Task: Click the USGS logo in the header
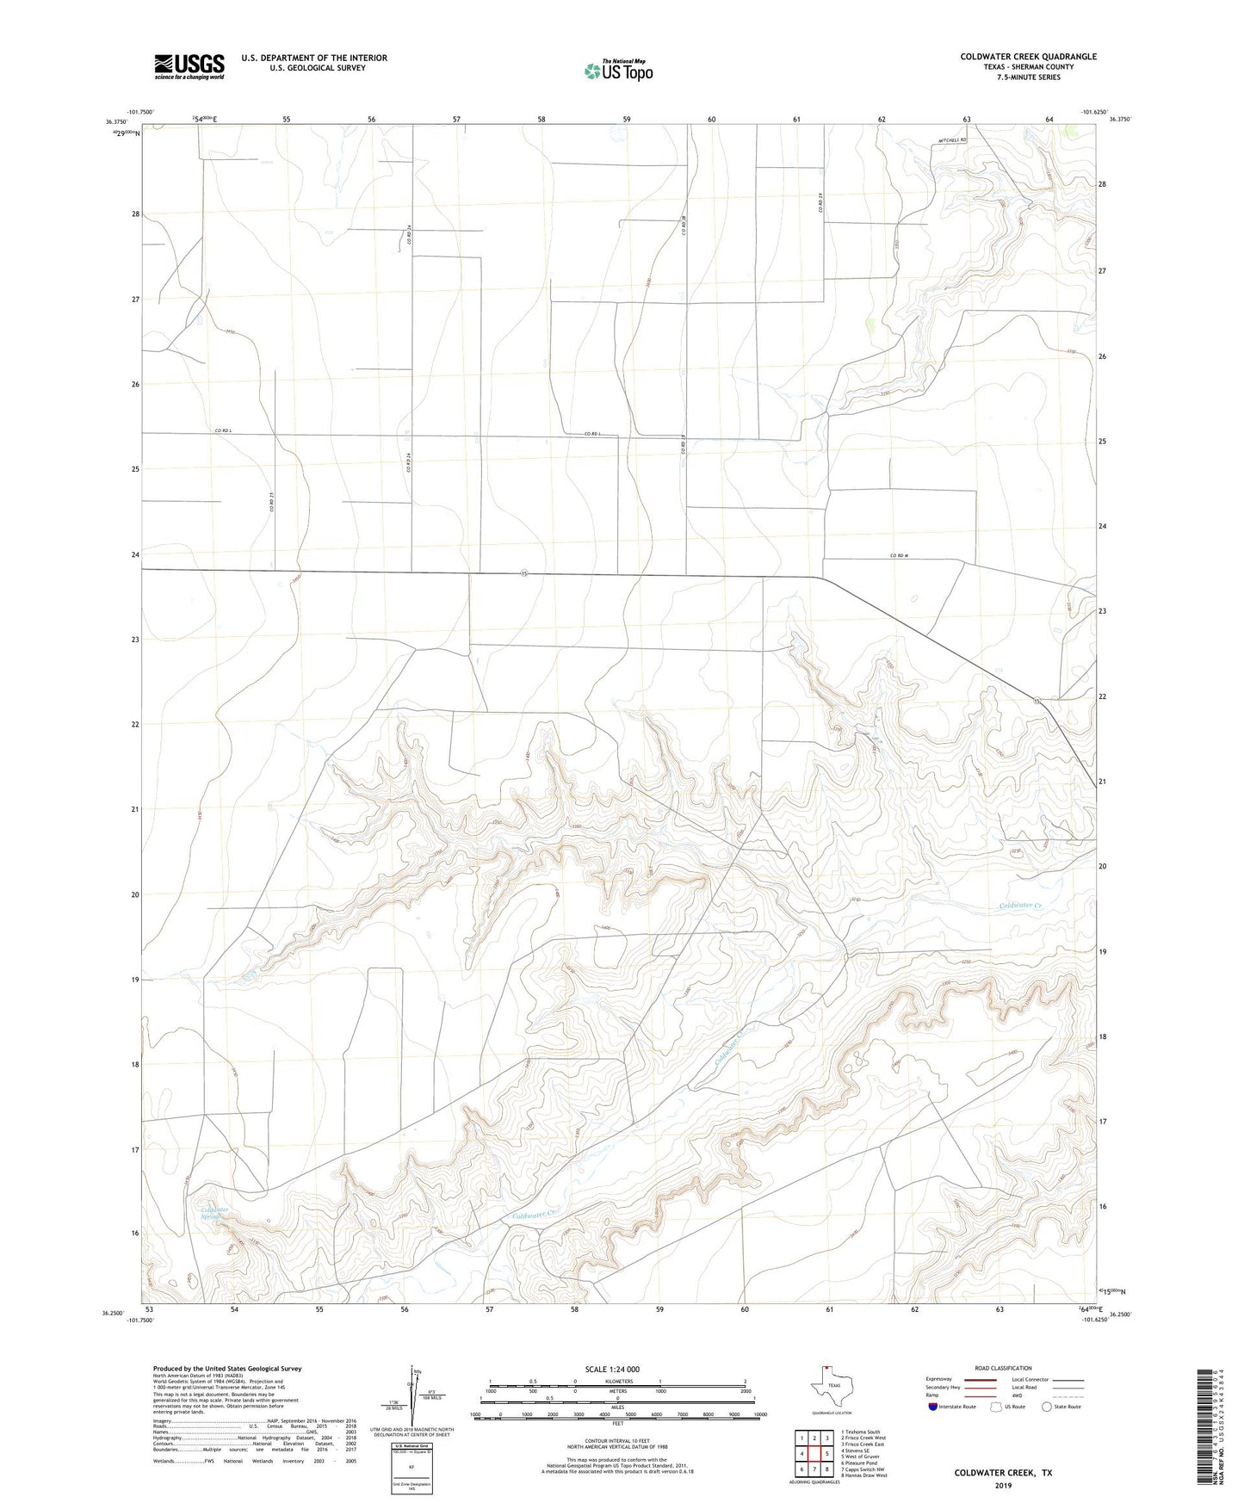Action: tap(189, 66)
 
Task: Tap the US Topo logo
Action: tap(617, 71)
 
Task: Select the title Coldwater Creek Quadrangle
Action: tap(1028, 57)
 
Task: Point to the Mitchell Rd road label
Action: tap(953, 139)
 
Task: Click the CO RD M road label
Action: tap(899, 556)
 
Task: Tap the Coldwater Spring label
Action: tap(214, 1213)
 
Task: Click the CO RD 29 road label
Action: tap(821, 203)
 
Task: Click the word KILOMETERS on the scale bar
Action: tap(616, 1381)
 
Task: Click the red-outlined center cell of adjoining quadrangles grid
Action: tap(814, 1454)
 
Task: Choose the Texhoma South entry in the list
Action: tap(860, 1432)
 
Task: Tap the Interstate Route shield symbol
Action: tap(933, 1407)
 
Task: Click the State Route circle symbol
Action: tap(1047, 1407)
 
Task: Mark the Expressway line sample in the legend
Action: tap(968, 1379)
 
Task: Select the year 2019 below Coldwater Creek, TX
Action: tap(1003, 1485)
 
